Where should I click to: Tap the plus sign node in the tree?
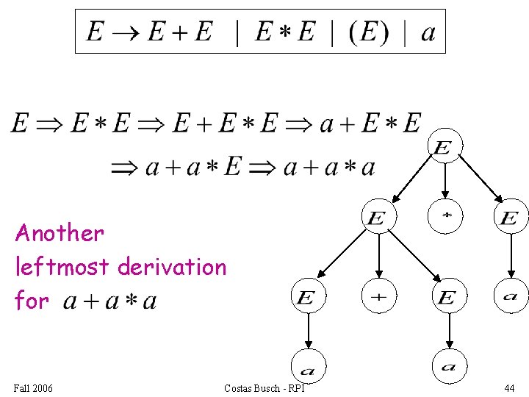pos(378,296)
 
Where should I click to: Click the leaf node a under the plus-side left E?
pos(309,366)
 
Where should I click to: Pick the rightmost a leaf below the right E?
pos(510,296)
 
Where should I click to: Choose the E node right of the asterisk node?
pos(510,218)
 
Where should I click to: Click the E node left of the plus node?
pos(307,297)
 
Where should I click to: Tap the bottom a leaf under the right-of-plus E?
pos(449,366)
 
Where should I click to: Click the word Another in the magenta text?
pos(60,233)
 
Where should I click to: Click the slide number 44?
pos(509,388)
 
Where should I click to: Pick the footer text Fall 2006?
pos(33,388)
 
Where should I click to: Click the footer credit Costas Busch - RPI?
pos(264,388)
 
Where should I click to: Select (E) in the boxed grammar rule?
pos(368,32)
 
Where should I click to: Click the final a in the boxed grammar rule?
pos(428,32)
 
